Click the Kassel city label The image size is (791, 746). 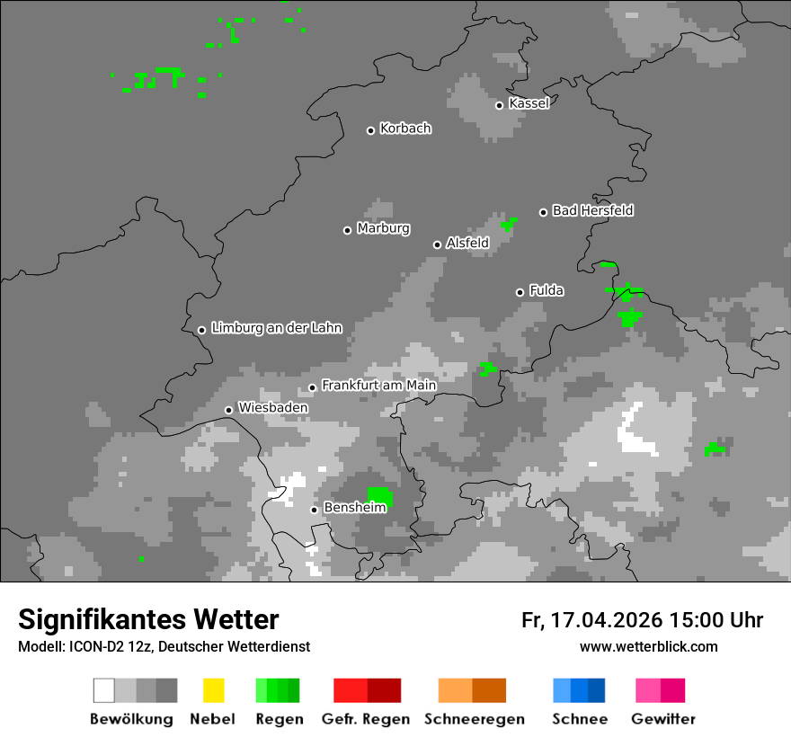click(x=529, y=103)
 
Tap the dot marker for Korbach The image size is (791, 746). click(x=370, y=130)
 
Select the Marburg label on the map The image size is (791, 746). click(x=383, y=228)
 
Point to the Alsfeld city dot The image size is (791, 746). click(x=437, y=244)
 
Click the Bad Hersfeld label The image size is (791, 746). click(x=592, y=210)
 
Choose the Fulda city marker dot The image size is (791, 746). click(x=520, y=292)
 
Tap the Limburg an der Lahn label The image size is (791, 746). click(x=276, y=328)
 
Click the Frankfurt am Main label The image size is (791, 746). click(x=378, y=386)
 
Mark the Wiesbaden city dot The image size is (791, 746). click(x=228, y=410)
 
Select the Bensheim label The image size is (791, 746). click(x=354, y=508)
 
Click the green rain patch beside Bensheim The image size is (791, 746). click(x=379, y=495)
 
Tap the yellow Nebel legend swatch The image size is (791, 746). click(x=213, y=690)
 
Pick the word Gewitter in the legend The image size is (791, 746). click(x=662, y=719)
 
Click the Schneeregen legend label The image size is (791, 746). click(x=475, y=719)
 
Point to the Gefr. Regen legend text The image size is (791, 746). click(x=366, y=719)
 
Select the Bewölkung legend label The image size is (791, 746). click(x=131, y=719)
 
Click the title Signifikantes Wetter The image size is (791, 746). click(x=148, y=619)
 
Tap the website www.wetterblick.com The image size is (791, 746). click(x=648, y=646)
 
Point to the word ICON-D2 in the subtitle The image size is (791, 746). click(x=87, y=646)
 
